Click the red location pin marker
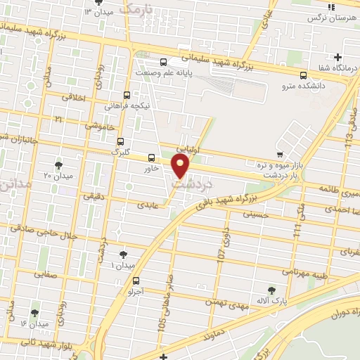click(x=181, y=166)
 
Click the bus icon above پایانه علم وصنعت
click(x=163, y=62)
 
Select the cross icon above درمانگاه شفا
click(x=338, y=57)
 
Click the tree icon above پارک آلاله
click(x=271, y=289)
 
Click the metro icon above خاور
click(x=151, y=157)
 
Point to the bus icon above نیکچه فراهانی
click(x=127, y=95)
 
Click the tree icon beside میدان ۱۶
click(x=34, y=313)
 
